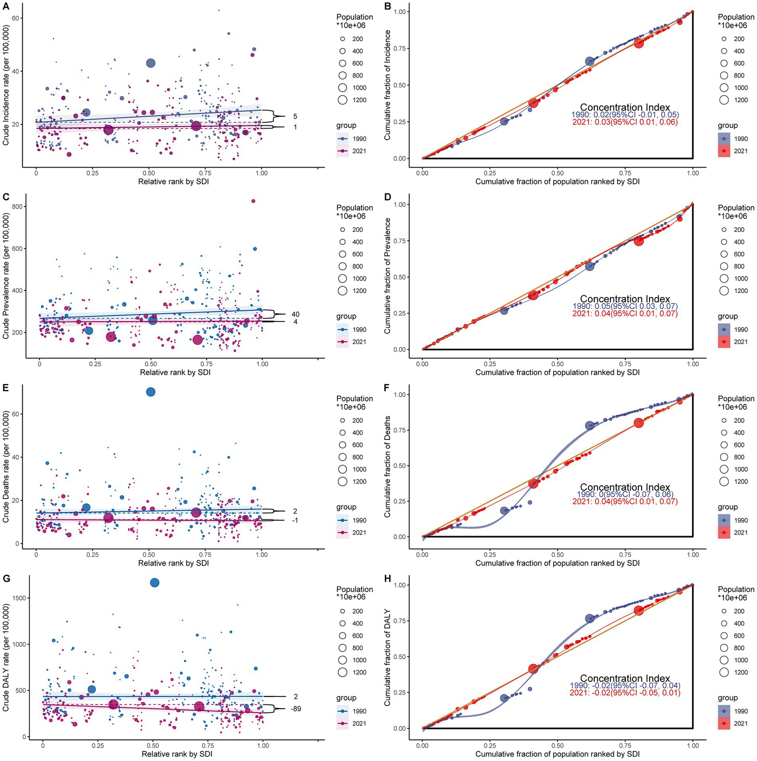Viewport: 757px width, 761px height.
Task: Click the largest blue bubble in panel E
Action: [x=150, y=392]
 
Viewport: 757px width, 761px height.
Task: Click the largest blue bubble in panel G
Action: [x=154, y=582]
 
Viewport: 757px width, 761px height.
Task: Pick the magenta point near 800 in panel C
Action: [x=253, y=201]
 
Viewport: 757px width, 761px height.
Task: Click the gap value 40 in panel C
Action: [x=295, y=314]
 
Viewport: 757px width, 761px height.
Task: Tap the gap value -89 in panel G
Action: [x=295, y=709]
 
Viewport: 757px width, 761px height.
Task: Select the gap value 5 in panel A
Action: [x=295, y=117]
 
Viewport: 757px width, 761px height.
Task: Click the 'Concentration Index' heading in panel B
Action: [x=625, y=107]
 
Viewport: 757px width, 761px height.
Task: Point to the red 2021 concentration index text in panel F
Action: [x=625, y=502]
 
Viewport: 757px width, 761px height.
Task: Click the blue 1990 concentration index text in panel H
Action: [x=625, y=686]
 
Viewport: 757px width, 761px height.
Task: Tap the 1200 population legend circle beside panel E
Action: [x=343, y=481]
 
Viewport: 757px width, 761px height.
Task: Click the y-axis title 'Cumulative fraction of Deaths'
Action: [x=388, y=467]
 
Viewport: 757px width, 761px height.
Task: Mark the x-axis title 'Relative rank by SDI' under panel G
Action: [x=177, y=754]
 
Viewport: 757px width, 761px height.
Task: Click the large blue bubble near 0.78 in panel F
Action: [x=589, y=426]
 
